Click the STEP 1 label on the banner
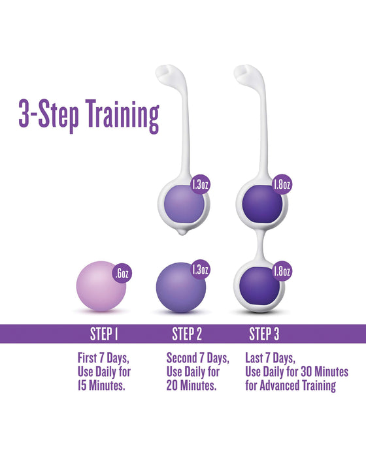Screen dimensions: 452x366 [x=103, y=334]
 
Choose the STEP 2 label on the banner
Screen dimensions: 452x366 [x=187, y=334]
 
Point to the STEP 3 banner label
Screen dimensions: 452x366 [x=264, y=334]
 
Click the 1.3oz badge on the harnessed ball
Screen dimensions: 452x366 [x=200, y=185]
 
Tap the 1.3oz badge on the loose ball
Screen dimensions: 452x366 [x=200, y=269]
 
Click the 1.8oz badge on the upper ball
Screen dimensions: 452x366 [x=282, y=185]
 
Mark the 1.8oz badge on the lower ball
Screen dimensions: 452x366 [x=282, y=269]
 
